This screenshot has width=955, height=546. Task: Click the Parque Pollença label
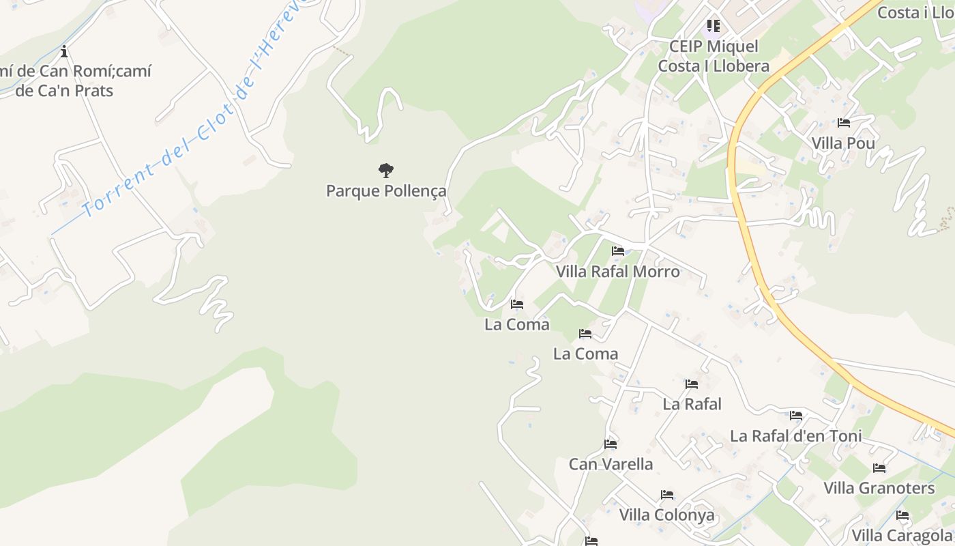point(386,191)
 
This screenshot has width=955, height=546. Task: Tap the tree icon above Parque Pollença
point(386,170)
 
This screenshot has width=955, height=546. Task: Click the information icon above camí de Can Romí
point(64,51)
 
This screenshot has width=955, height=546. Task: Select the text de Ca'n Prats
point(64,91)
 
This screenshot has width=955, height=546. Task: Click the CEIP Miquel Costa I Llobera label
point(714,56)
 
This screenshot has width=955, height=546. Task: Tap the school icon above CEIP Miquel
point(714,26)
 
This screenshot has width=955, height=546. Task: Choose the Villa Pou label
point(843,143)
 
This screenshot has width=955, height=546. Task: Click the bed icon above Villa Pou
point(844,124)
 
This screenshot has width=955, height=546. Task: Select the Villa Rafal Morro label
point(618,272)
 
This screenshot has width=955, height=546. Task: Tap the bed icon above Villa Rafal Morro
point(618,251)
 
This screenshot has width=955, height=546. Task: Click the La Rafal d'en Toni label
point(796,435)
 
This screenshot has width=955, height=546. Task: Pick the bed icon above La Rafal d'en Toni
point(796,416)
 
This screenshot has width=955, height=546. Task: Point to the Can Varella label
point(611,464)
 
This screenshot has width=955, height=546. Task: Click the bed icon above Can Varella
point(611,444)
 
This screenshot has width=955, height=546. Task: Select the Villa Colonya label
point(667,515)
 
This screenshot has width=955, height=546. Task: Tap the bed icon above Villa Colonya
point(667,495)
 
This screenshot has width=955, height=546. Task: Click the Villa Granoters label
point(879,488)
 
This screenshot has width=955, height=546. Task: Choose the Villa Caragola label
point(902,535)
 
